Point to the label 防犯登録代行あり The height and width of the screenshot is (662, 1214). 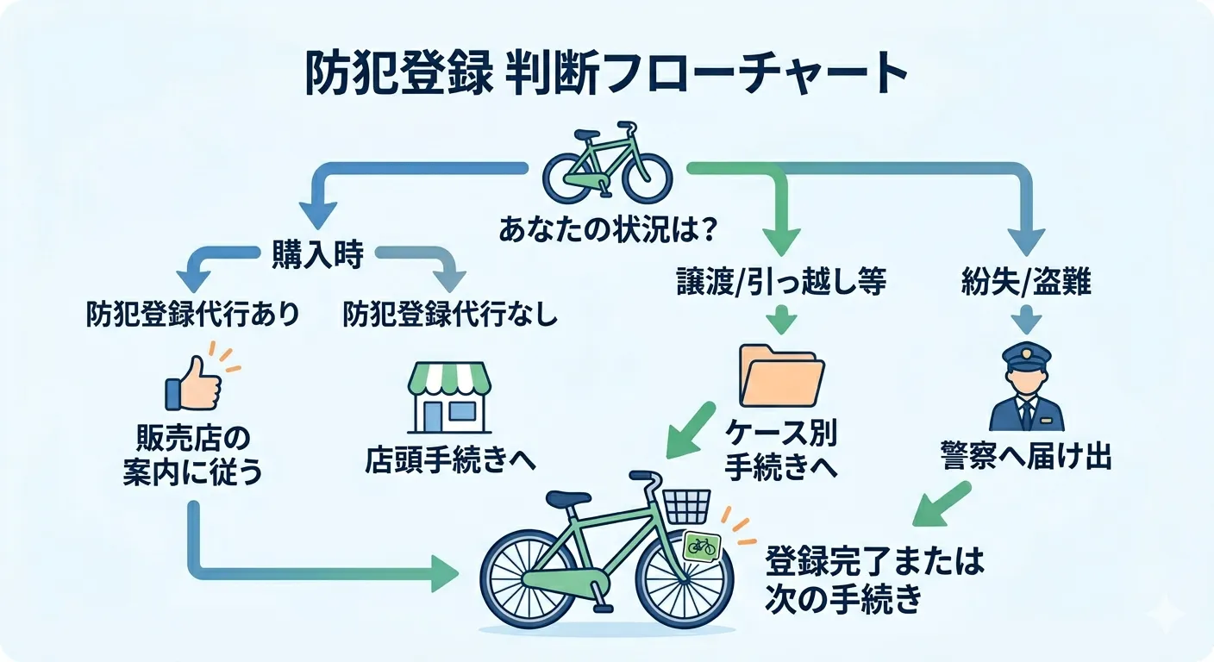coord(193,315)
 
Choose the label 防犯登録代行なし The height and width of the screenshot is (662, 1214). coord(450,315)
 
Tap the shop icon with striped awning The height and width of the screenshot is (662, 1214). coord(447,397)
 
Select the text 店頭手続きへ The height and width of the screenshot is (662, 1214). coord(450,459)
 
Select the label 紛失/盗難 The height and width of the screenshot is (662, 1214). coord(1026,283)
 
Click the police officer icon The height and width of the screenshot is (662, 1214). coord(1026,387)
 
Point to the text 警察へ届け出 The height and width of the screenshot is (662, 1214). coord(1026,458)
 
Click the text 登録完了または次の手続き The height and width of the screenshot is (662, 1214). coord(874,581)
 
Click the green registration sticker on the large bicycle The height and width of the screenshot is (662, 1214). coord(701,546)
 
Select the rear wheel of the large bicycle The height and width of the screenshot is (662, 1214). coord(528,578)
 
